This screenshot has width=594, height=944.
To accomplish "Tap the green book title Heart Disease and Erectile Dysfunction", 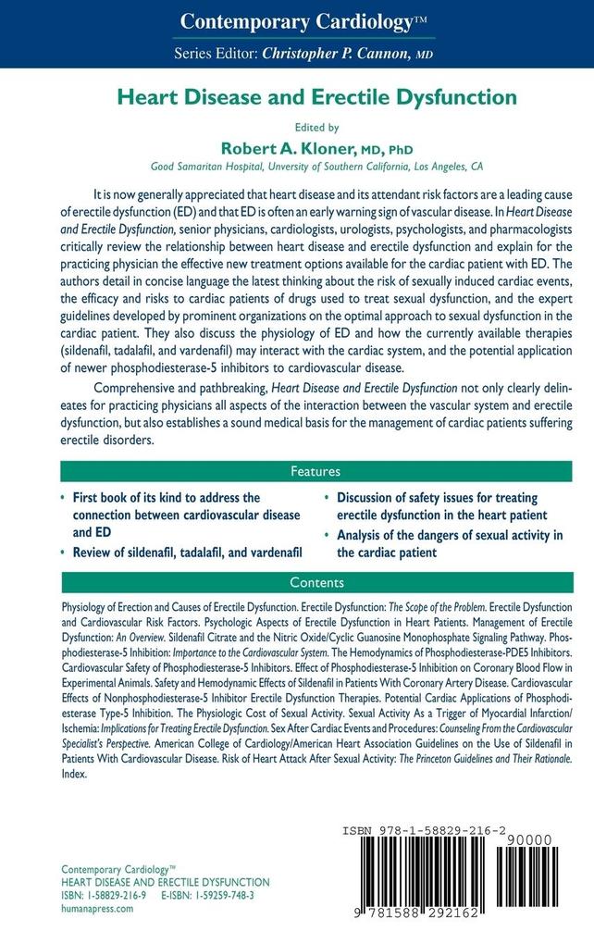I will pos(296,95).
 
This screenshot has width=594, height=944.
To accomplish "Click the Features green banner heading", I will pos(296,470).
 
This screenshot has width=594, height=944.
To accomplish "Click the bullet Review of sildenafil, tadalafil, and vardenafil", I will pos(188,552).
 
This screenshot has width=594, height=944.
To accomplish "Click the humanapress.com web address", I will pos(97,908).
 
